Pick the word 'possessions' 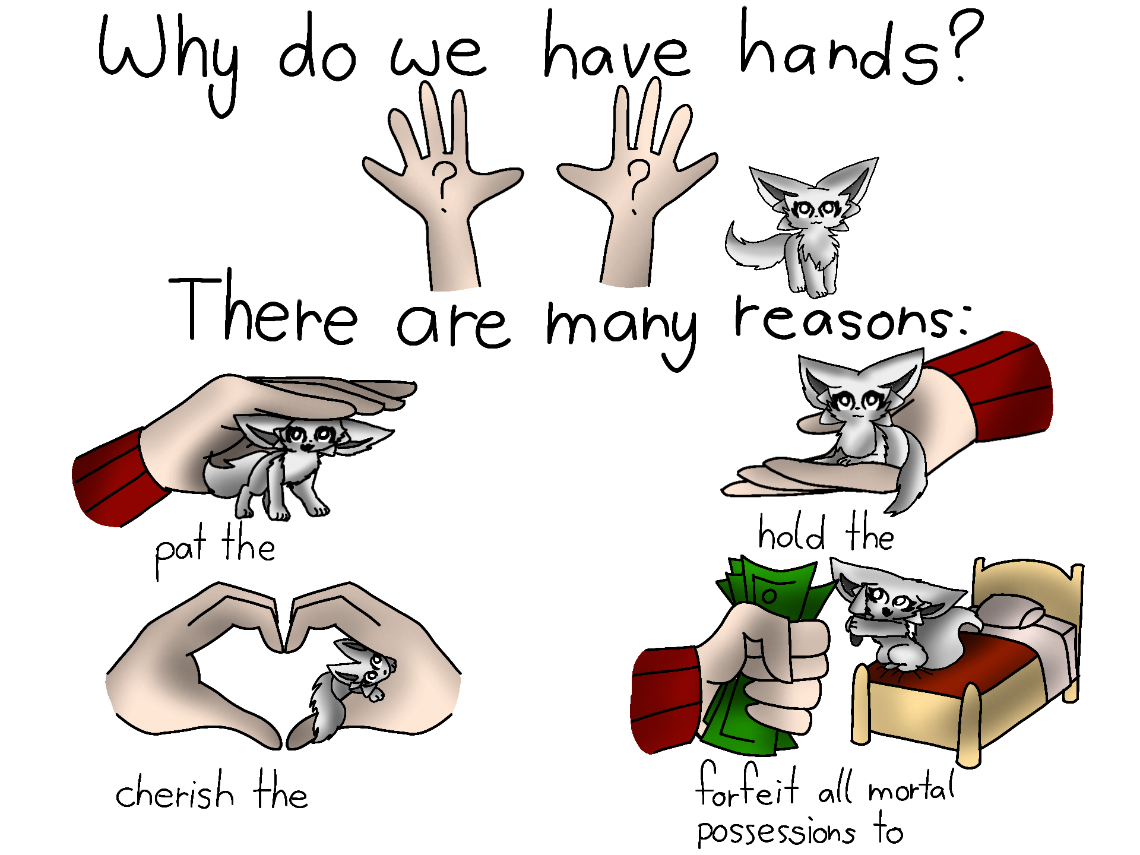[776, 831]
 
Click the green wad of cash [766, 653]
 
